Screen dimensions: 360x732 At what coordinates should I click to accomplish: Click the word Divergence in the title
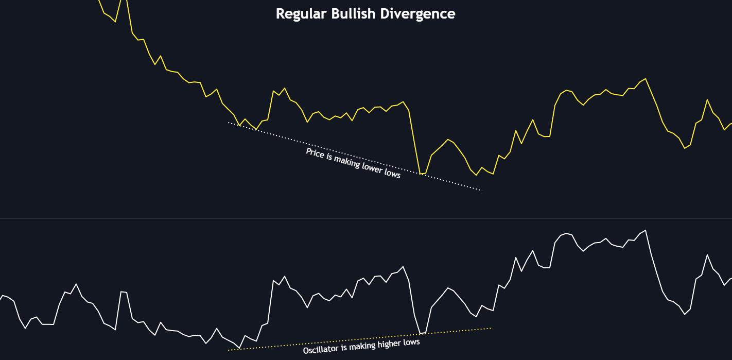(x=417, y=14)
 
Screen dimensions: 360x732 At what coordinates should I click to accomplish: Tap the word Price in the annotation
(x=315, y=153)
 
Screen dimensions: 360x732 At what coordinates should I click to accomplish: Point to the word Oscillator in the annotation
(x=321, y=350)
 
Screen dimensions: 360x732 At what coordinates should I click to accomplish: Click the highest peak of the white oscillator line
(x=645, y=230)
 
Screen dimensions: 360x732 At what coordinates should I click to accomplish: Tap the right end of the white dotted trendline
(x=480, y=190)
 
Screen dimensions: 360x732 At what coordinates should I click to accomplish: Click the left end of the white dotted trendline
(x=229, y=123)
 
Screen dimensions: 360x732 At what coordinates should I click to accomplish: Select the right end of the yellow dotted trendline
(x=493, y=328)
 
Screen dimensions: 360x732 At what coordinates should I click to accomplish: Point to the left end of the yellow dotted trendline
(x=229, y=350)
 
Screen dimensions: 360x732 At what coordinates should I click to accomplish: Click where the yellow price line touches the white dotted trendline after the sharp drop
(x=422, y=174)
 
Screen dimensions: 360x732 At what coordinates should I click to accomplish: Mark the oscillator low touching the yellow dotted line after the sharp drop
(x=421, y=334)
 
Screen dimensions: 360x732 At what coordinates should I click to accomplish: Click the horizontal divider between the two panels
(x=366, y=218)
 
